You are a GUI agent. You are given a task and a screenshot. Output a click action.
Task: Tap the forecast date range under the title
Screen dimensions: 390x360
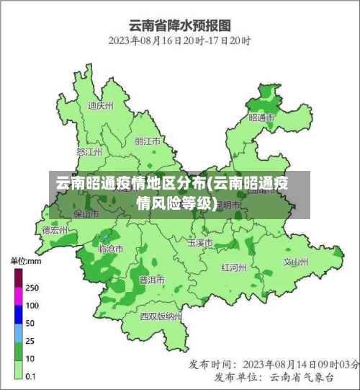pos(179,41)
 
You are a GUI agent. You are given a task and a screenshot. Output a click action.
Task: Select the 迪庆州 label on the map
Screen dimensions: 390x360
pos(100,105)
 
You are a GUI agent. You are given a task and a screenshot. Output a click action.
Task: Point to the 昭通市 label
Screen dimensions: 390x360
pos(261,117)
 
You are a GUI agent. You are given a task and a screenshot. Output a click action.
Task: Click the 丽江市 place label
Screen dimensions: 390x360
pos(148,141)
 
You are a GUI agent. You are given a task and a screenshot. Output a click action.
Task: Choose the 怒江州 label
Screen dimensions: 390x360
pos(89,152)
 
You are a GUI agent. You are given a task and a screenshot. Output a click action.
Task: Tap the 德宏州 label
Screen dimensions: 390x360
pos(55,231)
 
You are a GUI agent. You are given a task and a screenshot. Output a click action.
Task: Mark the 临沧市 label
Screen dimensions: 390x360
pos(110,249)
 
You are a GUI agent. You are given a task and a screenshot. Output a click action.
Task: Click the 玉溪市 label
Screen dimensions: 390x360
pos(200,243)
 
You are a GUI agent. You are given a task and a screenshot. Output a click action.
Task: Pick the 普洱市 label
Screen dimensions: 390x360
pos(151,280)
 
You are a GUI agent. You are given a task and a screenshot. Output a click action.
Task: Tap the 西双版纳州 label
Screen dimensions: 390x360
pos(161,316)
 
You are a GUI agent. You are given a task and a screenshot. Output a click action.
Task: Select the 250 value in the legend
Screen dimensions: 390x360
pos(32,288)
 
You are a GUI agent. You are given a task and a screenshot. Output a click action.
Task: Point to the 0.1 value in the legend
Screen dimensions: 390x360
pos(32,376)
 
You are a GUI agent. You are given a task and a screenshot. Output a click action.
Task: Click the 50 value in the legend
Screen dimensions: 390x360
pos(31,322)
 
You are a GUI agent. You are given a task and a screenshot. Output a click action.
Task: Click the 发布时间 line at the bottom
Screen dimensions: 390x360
pos(274,364)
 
